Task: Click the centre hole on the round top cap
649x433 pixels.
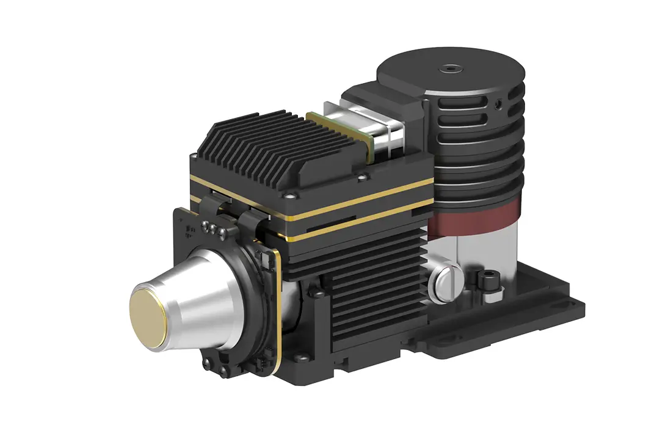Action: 449,69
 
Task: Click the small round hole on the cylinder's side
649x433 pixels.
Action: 499,104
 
